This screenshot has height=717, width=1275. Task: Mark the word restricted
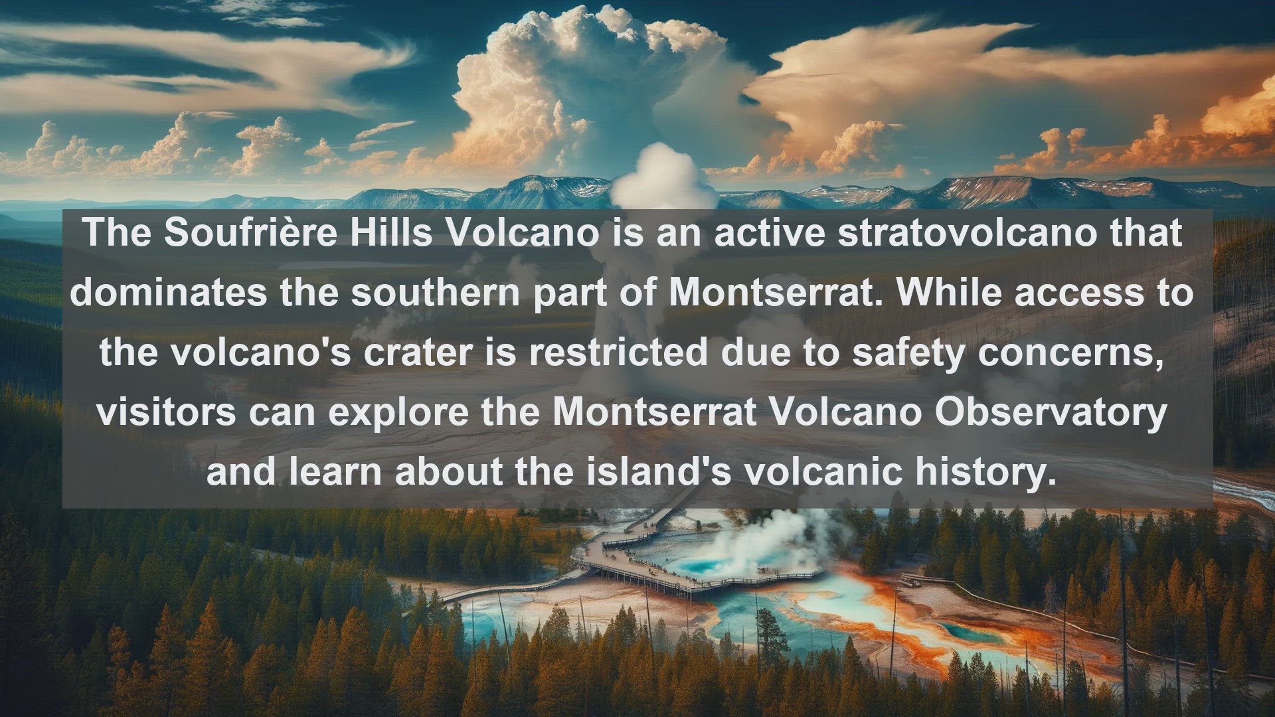coord(618,352)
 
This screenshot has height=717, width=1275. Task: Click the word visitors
coord(166,412)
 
